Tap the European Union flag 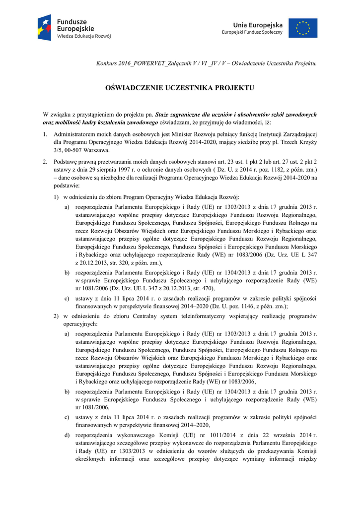point(303,28)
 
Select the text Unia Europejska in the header point(258,25)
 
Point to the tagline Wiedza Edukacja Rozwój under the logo point(83,36)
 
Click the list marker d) point(67,436)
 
